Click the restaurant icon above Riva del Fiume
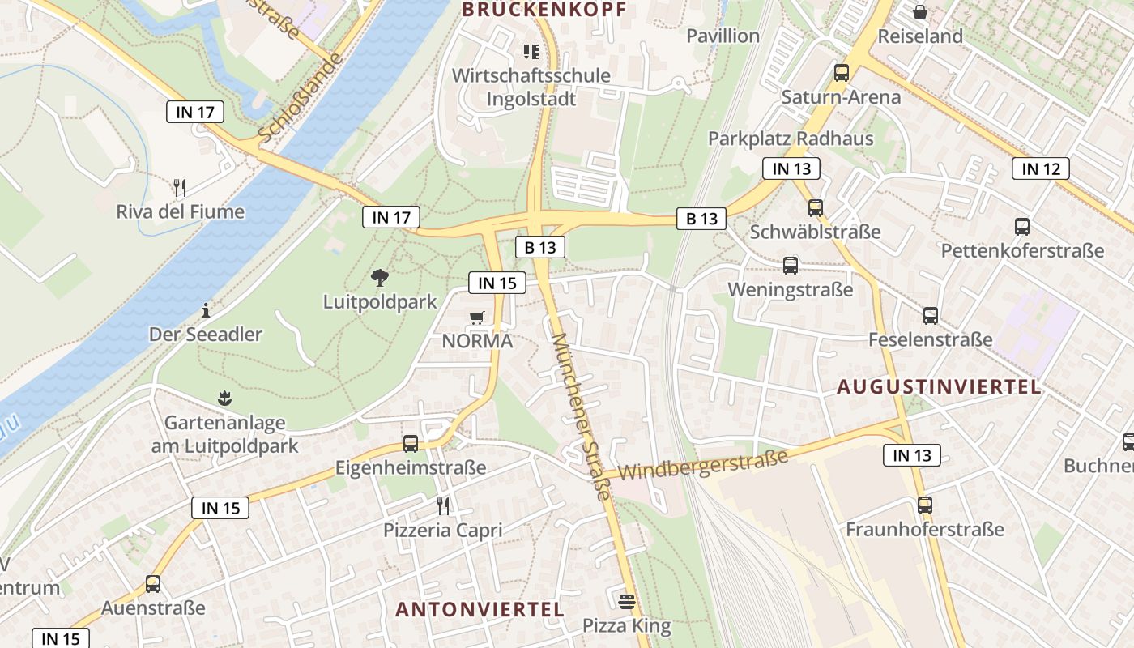[x=180, y=188]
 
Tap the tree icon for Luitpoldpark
[x=379, y=279]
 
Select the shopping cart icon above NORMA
[x=477, y=318]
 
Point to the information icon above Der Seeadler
[x=206, y=310]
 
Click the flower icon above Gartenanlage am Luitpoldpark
[x=224, y=398]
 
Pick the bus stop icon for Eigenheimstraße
[x=411, y=444]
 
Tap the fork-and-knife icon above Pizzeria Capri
[x=443, y=506]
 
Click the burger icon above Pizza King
[x=626, y=601]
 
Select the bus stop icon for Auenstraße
[x=153, y=583]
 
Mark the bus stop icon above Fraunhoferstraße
[x=925, y=505]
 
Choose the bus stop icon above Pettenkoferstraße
[x=1022, y=227]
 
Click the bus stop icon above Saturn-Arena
[x=842, y=73]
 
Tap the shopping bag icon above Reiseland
[x=920, y=12]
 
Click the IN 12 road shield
[x=1040, y=168]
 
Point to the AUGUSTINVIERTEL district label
[x=939, y=386]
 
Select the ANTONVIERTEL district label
[x=480, y=609]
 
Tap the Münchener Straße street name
[x=580, y=416]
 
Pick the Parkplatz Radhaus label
[x=791, y=139]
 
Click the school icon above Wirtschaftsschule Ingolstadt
[x=531, y=52]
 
